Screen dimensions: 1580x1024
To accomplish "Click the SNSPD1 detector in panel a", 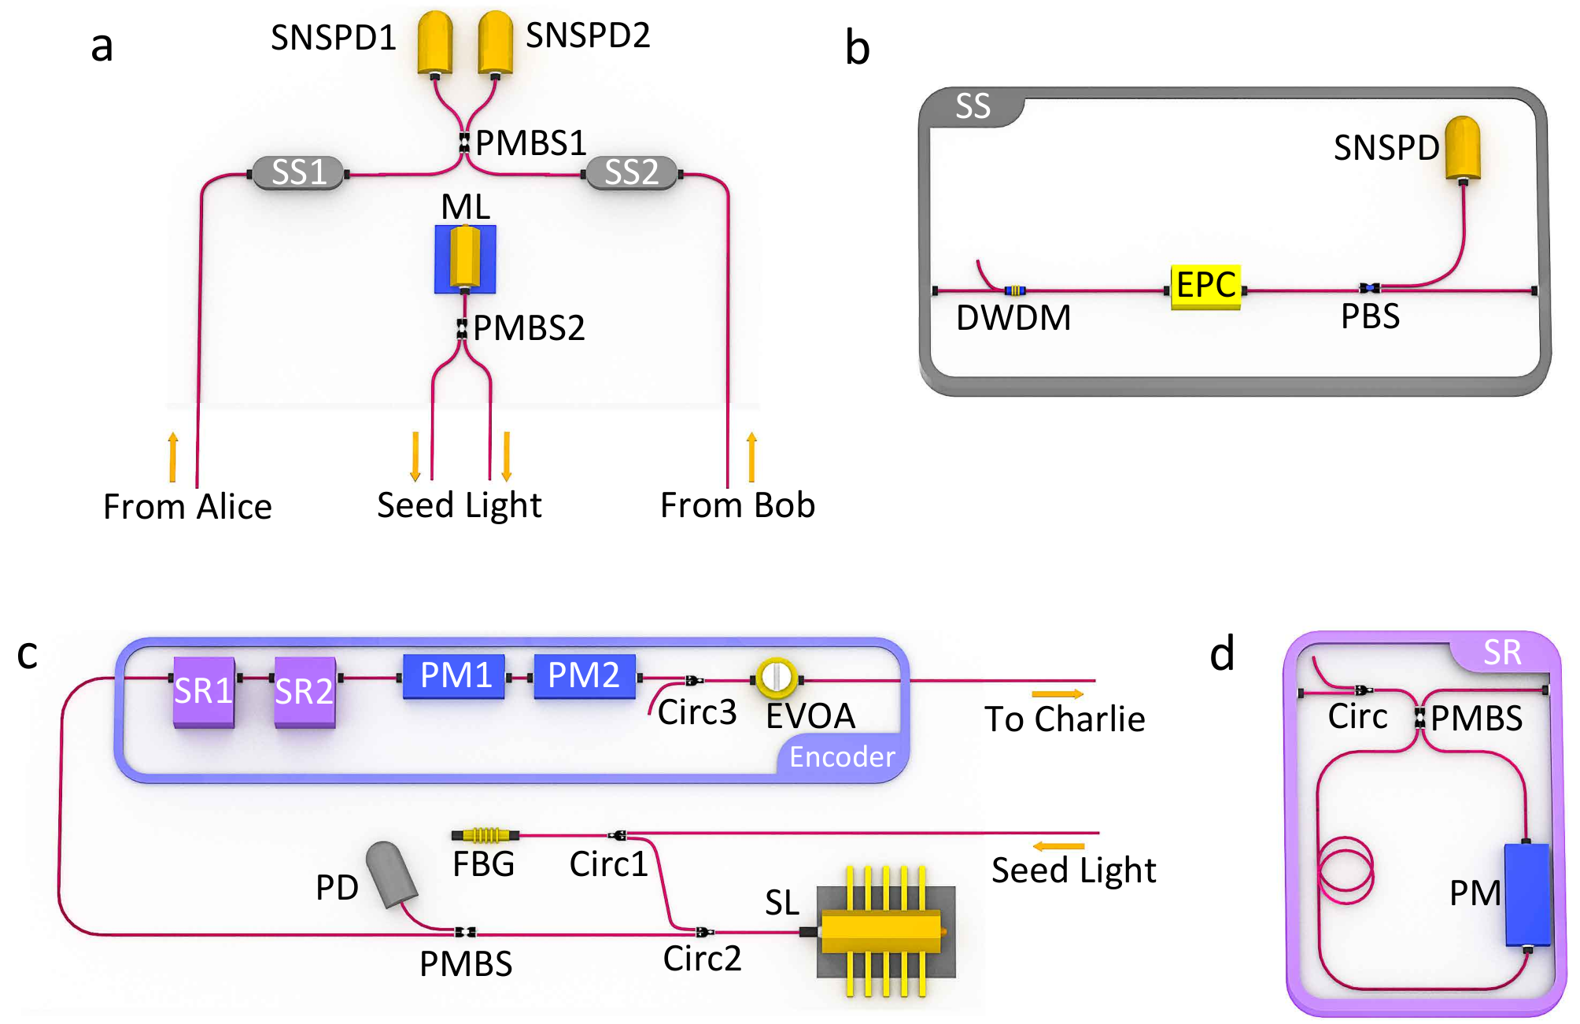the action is click(x=435, y=43).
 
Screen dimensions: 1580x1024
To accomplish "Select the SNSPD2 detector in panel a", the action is click(x=496, y=43).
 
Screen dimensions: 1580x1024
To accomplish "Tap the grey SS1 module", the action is click(x=298, y=172).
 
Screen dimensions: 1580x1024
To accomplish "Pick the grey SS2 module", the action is click(x=632, y=172).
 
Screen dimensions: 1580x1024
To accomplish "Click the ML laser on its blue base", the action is click(x=465, y=259).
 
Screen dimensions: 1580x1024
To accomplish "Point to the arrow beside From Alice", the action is click(x=173, y=457).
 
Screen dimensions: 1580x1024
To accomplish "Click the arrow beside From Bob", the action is click(x=751, y=457).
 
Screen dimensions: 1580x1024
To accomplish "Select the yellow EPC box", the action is click(x=1206, y=287).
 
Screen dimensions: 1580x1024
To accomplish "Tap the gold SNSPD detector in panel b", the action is click(x=1463, y=150).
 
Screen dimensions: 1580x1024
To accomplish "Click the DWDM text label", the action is click(x=1013, y=318).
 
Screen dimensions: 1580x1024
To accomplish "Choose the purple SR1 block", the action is click(x=204, y=692).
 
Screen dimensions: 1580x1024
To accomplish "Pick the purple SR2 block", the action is click(x=305, y=692).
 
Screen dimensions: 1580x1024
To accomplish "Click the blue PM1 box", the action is click(x=454, y=676).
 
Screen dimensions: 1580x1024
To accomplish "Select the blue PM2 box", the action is click(x=585, y=676).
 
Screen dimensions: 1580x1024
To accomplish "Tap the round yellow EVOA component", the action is click(x=777, y=678).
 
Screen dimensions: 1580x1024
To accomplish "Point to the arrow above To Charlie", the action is click(x=1058, y=693).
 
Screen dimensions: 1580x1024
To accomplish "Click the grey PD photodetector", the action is click(x=392, y=874).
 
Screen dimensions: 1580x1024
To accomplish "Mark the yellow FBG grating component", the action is click(x=485, y=834).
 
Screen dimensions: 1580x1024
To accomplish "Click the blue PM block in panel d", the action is click(x=1527, y=895).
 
